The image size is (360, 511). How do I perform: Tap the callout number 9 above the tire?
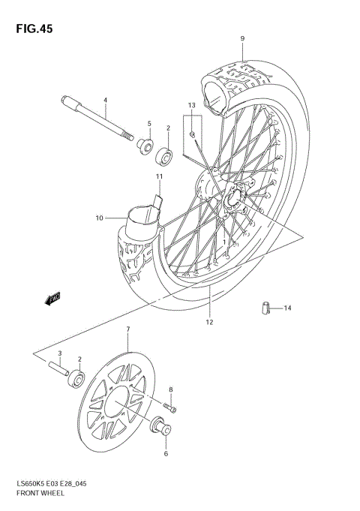[x=242, y=38]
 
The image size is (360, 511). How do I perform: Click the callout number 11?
[x=159, y=176]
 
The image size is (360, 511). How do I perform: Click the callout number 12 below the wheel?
[x=209, y=322]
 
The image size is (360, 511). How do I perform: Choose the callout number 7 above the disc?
[x=127, y=329]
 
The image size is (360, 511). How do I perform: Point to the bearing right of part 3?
[x=76, y=378]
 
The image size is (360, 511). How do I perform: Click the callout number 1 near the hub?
[x=225, y=242]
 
